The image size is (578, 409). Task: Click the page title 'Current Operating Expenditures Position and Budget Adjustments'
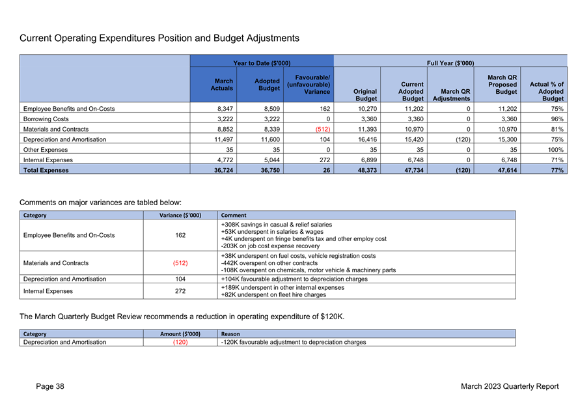click(159, 38)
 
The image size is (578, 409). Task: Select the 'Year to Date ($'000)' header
click(262, 63)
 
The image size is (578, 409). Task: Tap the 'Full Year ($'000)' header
click(450, 63)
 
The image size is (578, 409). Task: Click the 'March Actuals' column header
click(222, 85)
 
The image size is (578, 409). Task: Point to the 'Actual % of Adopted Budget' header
click(547, 91)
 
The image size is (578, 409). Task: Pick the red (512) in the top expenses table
click(323, 130)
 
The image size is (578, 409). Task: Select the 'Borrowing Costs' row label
click(46, 119)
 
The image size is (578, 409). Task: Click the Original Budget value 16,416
click(367, 139)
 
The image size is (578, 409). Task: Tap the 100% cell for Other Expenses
click(555, 150)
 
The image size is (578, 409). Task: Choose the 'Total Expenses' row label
click(46, 171)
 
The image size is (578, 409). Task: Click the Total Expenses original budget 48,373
click(367, 171)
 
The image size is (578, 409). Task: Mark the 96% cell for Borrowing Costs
click(557, 119)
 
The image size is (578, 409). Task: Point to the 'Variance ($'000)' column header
click(180, 216)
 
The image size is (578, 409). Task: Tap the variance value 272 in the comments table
click(180, 291)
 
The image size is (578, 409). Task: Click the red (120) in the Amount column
click(180, 343)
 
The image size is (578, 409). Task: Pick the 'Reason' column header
click(230, 334)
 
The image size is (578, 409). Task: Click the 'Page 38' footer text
click(50, 386)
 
